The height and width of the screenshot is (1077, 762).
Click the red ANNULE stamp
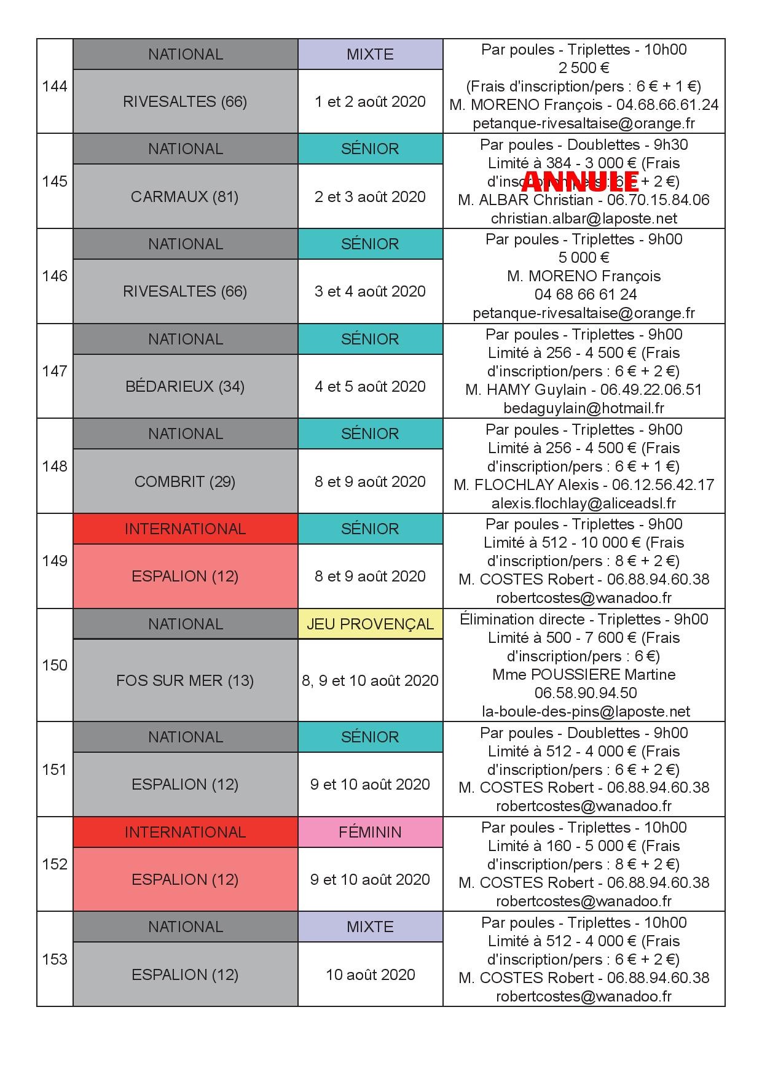click(579, 181)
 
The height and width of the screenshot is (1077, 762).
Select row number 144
click(55, 87)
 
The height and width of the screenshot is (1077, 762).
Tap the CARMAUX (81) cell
click(185, 196)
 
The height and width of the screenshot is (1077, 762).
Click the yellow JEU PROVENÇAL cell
click(370, 624)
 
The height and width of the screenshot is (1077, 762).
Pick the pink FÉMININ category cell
click(370, 832)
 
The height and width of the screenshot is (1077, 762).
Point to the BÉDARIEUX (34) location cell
click(185, 386)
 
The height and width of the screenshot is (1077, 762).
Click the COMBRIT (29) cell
click(185, 481)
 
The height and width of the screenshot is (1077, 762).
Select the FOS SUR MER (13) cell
click(185, 680)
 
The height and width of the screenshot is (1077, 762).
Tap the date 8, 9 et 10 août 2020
click(370, 680)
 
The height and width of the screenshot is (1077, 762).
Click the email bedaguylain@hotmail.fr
click(584, 408)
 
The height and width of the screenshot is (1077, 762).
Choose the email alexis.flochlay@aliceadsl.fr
click(584, 503)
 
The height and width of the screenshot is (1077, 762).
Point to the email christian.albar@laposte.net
click(584, 218)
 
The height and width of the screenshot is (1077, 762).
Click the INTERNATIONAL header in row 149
click(185, 529)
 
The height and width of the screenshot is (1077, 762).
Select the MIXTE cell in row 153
click(370, 927)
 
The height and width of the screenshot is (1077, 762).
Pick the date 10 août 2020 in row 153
click(370, 974)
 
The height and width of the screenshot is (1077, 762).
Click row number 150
click(55, 665)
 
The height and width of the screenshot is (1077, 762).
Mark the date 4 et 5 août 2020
click(370, 386)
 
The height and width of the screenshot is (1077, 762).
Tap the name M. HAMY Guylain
click(525, 389)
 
